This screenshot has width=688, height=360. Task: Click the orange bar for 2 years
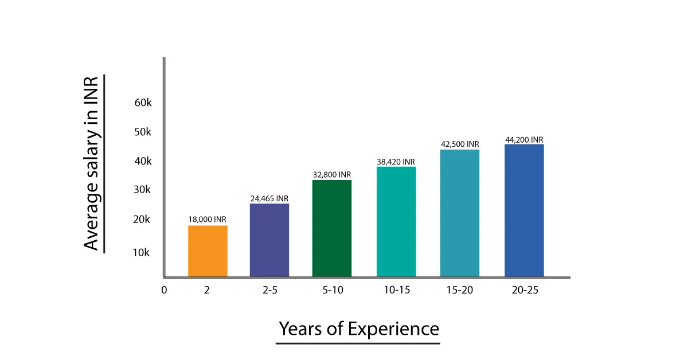point(208,251)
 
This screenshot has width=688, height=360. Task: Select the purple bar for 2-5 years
point(269,240)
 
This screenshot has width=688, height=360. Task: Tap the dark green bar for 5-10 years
point(332,228)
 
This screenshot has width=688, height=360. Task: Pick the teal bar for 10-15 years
point(396,222)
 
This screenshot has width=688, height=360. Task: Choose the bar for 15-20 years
point(460,213)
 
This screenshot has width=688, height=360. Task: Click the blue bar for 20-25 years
point(524,210)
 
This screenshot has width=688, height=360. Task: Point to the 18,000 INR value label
point(208,220)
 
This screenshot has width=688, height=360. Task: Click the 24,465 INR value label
point(269,198)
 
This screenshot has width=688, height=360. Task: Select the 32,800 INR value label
point(332,174)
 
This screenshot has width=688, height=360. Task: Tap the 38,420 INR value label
point(396,162)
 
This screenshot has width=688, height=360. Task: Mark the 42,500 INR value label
point(460,144)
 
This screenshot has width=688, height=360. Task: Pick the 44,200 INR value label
point(524,139)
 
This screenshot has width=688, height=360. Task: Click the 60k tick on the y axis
point(143,103)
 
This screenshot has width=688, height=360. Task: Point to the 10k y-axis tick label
point(141,252)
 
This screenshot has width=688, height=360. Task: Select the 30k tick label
point(142,190)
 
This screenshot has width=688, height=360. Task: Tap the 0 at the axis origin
point(164,289)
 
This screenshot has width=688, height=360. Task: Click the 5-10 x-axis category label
point(333,289)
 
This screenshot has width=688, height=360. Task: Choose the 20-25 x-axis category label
point(525,289)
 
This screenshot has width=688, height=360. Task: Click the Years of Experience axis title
point(359,329)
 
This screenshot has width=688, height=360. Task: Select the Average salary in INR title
point(92,163)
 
